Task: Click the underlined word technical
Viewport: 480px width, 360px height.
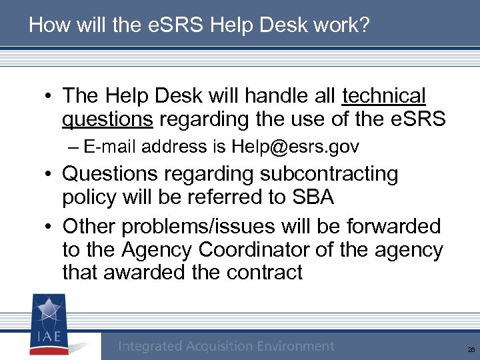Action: [x=383, y=96]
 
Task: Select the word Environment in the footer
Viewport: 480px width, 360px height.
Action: [x=295, y=346]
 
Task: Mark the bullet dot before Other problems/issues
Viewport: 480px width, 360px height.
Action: [x=50, y=227]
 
